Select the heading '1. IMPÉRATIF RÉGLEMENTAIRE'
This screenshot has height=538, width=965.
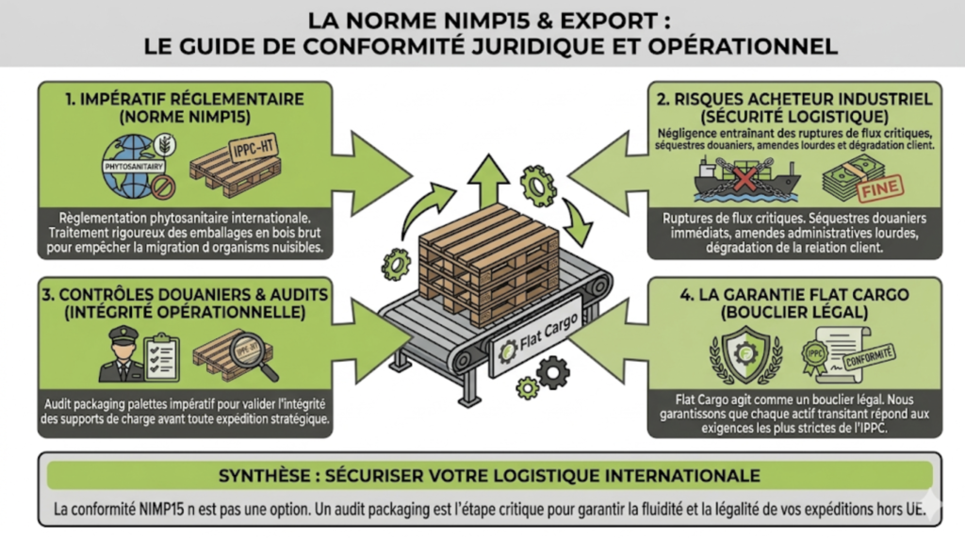[x=185, y=98]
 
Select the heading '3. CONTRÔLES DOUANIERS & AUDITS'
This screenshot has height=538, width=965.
[x=185, y=295]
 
